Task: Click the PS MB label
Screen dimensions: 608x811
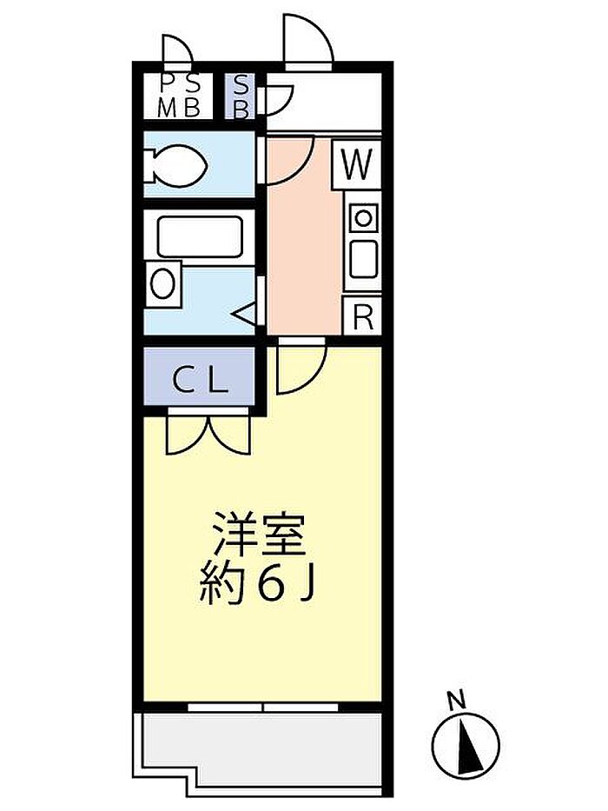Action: point(179,96)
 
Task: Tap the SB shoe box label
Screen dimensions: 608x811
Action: point(241,96)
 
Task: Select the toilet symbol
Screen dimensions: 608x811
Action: point(175,165)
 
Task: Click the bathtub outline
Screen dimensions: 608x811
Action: point(200,236)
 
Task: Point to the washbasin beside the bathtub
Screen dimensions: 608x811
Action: point(163,284)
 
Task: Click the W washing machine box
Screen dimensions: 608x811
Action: point(357,164)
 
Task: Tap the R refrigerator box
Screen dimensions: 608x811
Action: point(362,316)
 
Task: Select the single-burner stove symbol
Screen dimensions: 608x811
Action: point(364,218)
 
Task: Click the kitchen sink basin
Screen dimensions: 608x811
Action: point(364,260)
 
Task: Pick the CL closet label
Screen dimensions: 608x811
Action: point(200,381)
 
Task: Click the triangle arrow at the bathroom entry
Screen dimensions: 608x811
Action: point(245,314)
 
